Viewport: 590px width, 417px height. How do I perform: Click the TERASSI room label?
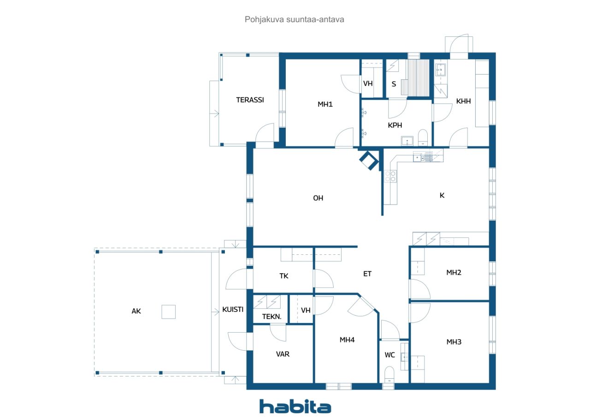[x=250, y=100]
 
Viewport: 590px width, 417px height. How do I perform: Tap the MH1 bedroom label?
[x=325, y=104]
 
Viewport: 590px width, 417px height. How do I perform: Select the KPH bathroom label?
[x=395, y=125]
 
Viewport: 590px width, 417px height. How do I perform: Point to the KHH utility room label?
[x=463, y=101]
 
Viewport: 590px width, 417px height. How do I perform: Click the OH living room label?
[x=318, y=198]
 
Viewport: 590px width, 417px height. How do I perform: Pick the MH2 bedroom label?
[x=454, y=272]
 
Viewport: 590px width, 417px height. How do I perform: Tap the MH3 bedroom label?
[x=454, y=342]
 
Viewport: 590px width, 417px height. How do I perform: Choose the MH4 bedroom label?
[x=347, y=340]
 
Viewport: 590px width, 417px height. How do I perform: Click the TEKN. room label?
[x=271, y=317]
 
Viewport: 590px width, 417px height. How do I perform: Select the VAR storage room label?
[x=283, y=354]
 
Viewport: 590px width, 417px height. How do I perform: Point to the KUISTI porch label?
[x=233, y=309]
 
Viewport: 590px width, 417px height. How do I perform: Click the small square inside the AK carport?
[x=169, y=311]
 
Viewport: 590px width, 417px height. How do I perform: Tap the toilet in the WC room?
[x=389, y=375]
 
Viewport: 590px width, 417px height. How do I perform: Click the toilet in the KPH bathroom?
[x=423, y=137]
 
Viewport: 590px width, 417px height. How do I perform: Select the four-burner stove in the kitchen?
[x=390, y=176]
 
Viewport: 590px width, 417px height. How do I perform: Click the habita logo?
[x=295, y=406]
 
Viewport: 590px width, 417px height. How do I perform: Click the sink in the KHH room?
[x=440, y=70]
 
